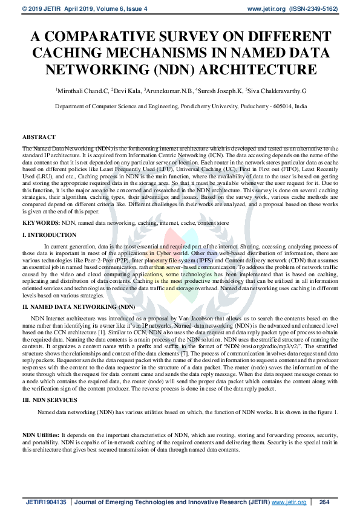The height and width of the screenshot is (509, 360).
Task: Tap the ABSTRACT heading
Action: [39, 137]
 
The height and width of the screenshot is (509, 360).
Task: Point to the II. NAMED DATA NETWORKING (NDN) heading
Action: [79, 307]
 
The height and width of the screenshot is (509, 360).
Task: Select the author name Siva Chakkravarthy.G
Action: [277, 91]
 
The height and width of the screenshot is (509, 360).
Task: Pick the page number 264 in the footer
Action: [324, 502]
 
